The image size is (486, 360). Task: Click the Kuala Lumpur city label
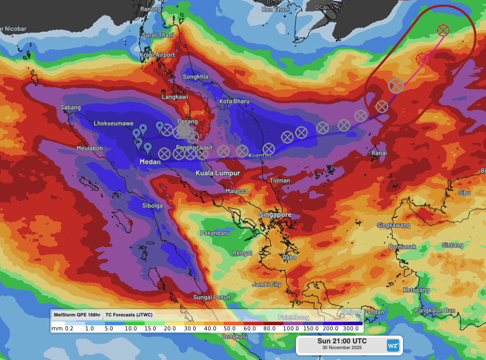218,173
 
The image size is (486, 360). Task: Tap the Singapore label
275,215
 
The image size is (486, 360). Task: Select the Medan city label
150,162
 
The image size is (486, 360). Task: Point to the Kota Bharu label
234,101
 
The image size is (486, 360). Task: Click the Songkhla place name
195,77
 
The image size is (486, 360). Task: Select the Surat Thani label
157,35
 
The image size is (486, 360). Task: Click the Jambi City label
266,285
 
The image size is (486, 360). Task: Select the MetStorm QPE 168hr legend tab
77,315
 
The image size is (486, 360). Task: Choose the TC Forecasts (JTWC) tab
129,315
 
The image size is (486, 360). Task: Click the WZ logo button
393,345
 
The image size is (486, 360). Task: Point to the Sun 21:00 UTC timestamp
342,341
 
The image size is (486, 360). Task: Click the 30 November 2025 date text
342,348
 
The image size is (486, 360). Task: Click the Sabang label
71,108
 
